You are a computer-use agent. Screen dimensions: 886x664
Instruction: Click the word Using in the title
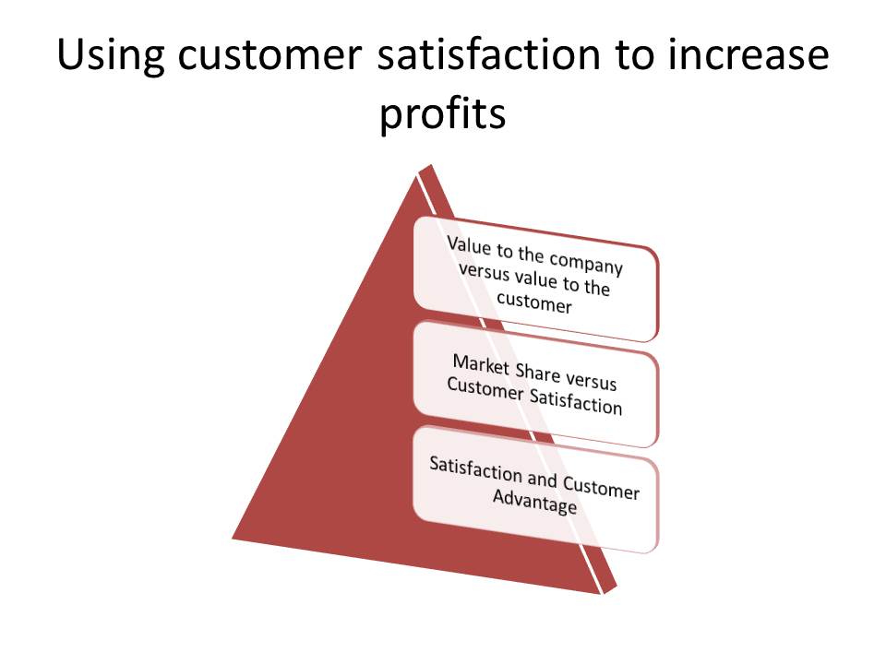111,56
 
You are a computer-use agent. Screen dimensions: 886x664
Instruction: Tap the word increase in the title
748,54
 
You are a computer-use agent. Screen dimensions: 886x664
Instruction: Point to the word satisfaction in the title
489,54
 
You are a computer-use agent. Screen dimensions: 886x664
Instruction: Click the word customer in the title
269,56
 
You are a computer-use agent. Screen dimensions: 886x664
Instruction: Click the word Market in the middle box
481,365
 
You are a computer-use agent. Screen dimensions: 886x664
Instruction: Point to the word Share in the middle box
537,373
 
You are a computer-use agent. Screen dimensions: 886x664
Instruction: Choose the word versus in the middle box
591,381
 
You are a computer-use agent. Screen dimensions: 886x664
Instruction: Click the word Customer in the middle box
485,389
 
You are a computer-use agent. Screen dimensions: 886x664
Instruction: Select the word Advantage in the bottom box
534,500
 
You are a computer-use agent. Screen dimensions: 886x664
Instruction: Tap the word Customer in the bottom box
601,487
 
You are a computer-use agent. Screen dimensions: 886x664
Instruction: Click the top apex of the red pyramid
431,165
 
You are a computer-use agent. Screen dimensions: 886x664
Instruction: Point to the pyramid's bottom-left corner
233,538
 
